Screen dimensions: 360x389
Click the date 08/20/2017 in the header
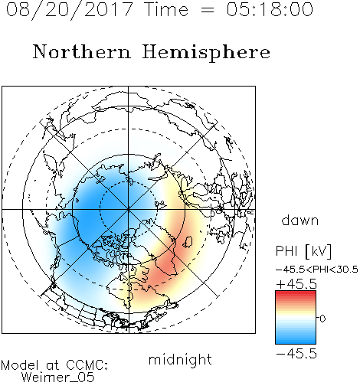tap(69, 10)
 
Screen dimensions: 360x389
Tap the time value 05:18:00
tap(270, 9)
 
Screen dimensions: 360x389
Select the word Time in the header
tap(166, 9)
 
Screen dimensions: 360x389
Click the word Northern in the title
tap(82, 51)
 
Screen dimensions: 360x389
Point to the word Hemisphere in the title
tap(206, 53)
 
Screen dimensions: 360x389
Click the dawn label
tap(300, 220)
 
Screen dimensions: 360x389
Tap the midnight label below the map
tap(180, 359)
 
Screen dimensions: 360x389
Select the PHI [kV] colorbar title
tap(303, 251)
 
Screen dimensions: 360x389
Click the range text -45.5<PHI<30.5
tap(317, 270)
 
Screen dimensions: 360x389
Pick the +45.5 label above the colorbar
tap(296, 284)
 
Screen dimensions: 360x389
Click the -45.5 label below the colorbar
tap(296, 354)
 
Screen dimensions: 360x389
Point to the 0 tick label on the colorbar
tap(322, 319)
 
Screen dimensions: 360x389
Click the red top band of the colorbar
tap(296, 293)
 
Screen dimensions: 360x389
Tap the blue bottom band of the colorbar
tap(296, 340)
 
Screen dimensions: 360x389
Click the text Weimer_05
tap(58, 378)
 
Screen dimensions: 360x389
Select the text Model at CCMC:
tap(54, 365)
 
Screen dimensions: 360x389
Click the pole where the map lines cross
tap(129, 209)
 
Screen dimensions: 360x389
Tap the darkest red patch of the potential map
tap(165, 266)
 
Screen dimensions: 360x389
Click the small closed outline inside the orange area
tap(188, 241)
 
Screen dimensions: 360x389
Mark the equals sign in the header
tap(208, 10)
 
